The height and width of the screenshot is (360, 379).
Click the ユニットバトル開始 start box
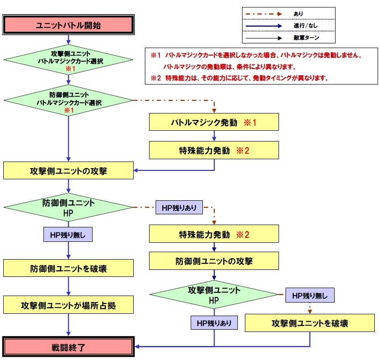point(69,25)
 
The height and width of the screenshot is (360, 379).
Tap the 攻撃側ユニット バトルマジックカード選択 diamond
point(69,59)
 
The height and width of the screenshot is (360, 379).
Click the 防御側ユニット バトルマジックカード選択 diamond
point(69,99)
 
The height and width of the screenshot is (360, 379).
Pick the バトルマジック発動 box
point(214,123)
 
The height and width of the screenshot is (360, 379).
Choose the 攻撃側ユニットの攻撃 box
point(69,170)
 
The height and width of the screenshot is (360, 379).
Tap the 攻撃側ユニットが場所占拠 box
point(69,305)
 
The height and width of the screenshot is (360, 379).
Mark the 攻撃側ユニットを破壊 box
point(310,323)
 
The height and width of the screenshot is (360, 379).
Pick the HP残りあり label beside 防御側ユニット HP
point(179,207)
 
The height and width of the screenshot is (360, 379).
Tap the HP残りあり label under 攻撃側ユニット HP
point(214,323)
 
